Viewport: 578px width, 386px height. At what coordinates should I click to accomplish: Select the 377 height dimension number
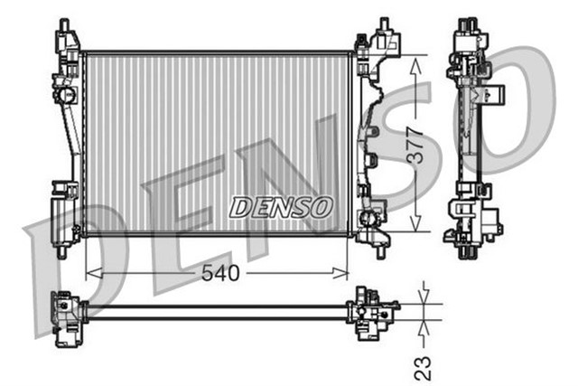click(415, 145)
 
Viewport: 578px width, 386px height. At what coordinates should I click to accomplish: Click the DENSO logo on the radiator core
click(281, 207)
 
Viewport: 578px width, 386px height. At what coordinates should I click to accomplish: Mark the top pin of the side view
click(469, 22)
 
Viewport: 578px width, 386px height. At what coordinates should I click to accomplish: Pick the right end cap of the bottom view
click(372, 313)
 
